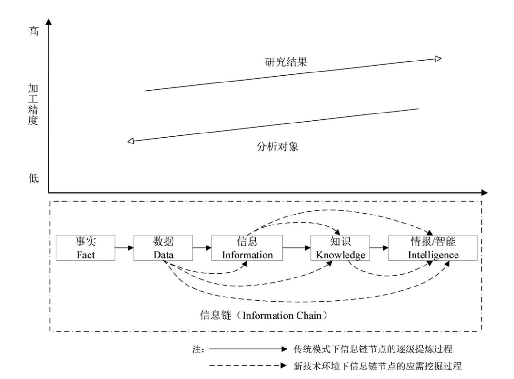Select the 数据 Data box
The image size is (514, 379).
(x=163, y=248)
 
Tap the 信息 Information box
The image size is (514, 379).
(x=247, y=248)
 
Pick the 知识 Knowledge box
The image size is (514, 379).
(x=340, y=248)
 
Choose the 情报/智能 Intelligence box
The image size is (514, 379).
(x=433, y=248)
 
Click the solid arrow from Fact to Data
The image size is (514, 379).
(x=124, y=248)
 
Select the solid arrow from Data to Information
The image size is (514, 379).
(x=202, y=248)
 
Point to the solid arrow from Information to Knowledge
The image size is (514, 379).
(x=297, y=248)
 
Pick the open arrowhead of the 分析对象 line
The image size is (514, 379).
(x=131, y=141)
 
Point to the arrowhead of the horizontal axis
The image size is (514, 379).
(x=484, y=193)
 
